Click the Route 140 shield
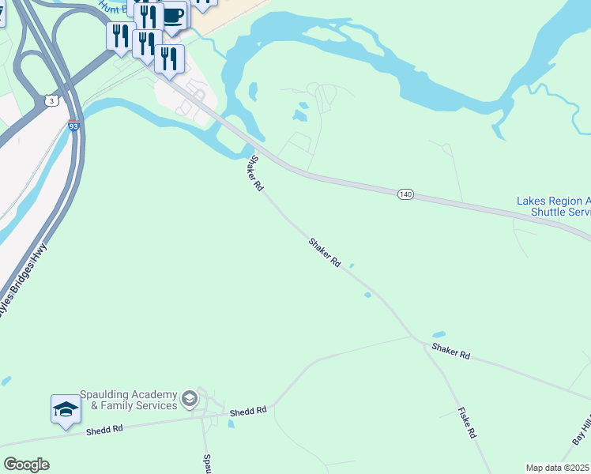[x=405, y=194]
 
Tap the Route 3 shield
[x=51, y=101]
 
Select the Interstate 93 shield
[x=73, y=126]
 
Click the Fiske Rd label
[x=467, y=423]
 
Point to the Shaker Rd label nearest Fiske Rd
[x=450, y=352]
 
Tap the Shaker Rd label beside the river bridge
[x=254, y=173]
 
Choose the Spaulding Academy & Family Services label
[x=129, y=401]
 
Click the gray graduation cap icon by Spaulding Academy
[x=189, y=400]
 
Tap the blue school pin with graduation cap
[x=66, y=409]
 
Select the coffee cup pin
[x=173, y=16]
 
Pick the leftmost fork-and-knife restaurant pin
[x=120, y=36]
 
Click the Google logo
[x=26, y=465]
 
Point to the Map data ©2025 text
[x=558, y=468]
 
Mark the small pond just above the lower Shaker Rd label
[x=439, y=334]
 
